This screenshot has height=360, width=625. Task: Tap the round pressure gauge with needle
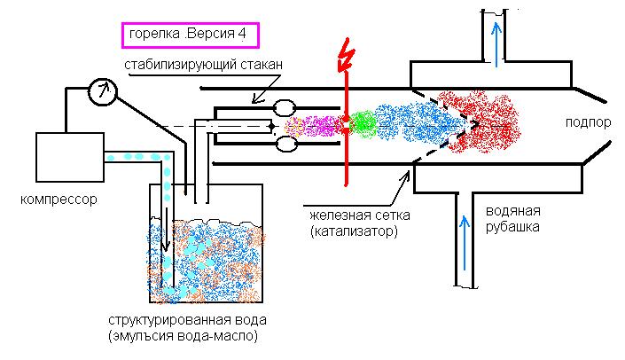click(x=104, y=90)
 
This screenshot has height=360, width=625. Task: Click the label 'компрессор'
click(x=60, y=200)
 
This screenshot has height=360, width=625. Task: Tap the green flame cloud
click(x=361, y=123)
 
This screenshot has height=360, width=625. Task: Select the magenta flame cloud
click(x=317, y=127)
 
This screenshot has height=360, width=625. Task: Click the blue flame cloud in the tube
click(x=412, y=124)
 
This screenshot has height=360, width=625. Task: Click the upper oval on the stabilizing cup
click(x=288, y=107)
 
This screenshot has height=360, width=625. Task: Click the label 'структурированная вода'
click(x=186, y=319)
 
